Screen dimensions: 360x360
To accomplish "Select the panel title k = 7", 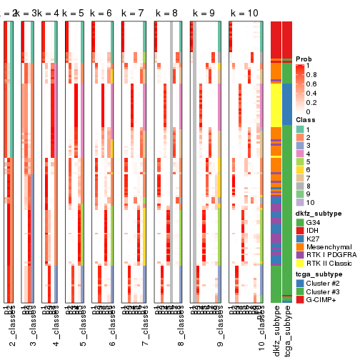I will (134, 14).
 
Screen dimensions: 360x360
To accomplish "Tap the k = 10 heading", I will (244, 14).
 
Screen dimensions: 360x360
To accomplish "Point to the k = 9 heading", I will (204, 14).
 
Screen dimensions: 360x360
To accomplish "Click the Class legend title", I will (306, 120).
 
